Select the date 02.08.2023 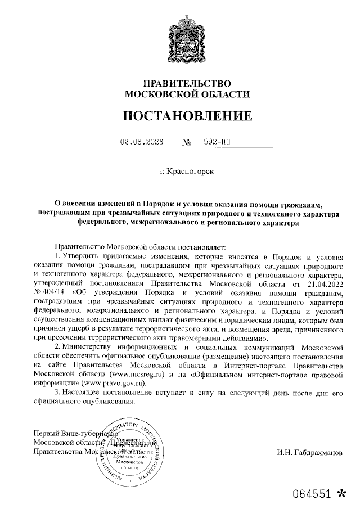pyautogui.click(x=141, y=142)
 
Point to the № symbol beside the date pyautogui.click(x=187, y=143)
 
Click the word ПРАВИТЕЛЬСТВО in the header pyautogui.click(x=180, y=83)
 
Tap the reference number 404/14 pyautogui.click(x=57, y=294)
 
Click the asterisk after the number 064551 pyautogui.click(x=340, y=493)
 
